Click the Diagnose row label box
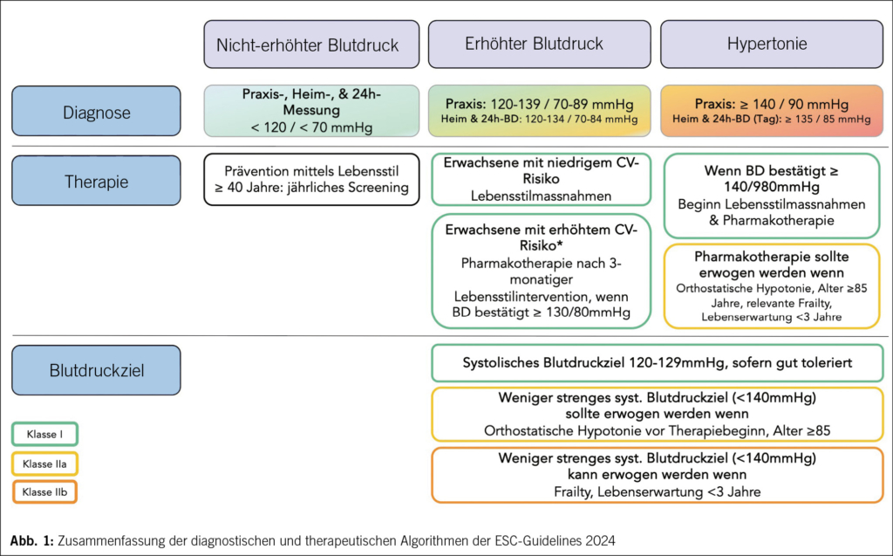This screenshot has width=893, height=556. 96,111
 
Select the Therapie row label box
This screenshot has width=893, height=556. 96,181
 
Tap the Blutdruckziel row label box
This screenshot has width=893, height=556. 96,370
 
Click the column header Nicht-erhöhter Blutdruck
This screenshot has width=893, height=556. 311,45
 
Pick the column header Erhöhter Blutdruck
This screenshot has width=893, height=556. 539,44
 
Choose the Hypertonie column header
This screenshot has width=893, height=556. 772,44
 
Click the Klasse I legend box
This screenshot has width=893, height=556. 45,434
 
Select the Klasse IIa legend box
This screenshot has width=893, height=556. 45,463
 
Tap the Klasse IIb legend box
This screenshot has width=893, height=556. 45,492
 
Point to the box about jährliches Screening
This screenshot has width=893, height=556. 311,179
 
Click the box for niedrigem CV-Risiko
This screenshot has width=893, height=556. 541,179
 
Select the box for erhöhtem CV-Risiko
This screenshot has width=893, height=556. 541,271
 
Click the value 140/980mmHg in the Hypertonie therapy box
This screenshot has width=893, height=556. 772,187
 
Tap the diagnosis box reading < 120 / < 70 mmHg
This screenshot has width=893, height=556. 311,111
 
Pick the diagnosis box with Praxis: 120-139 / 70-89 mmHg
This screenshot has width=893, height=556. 539,111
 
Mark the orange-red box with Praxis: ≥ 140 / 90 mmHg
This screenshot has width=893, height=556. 772,111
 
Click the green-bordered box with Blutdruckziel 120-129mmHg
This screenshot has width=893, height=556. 658,363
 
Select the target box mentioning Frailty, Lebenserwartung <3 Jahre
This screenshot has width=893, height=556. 658,475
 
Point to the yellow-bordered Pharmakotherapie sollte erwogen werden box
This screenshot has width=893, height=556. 772,286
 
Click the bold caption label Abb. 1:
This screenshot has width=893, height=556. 32,540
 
